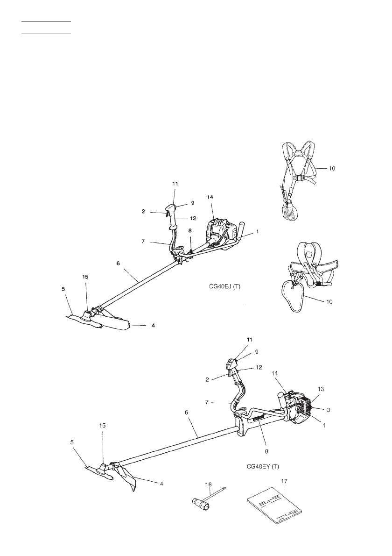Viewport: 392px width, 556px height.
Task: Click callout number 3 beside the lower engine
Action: pos(329,410)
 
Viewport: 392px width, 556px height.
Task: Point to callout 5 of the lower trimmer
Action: pos(73,442)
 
